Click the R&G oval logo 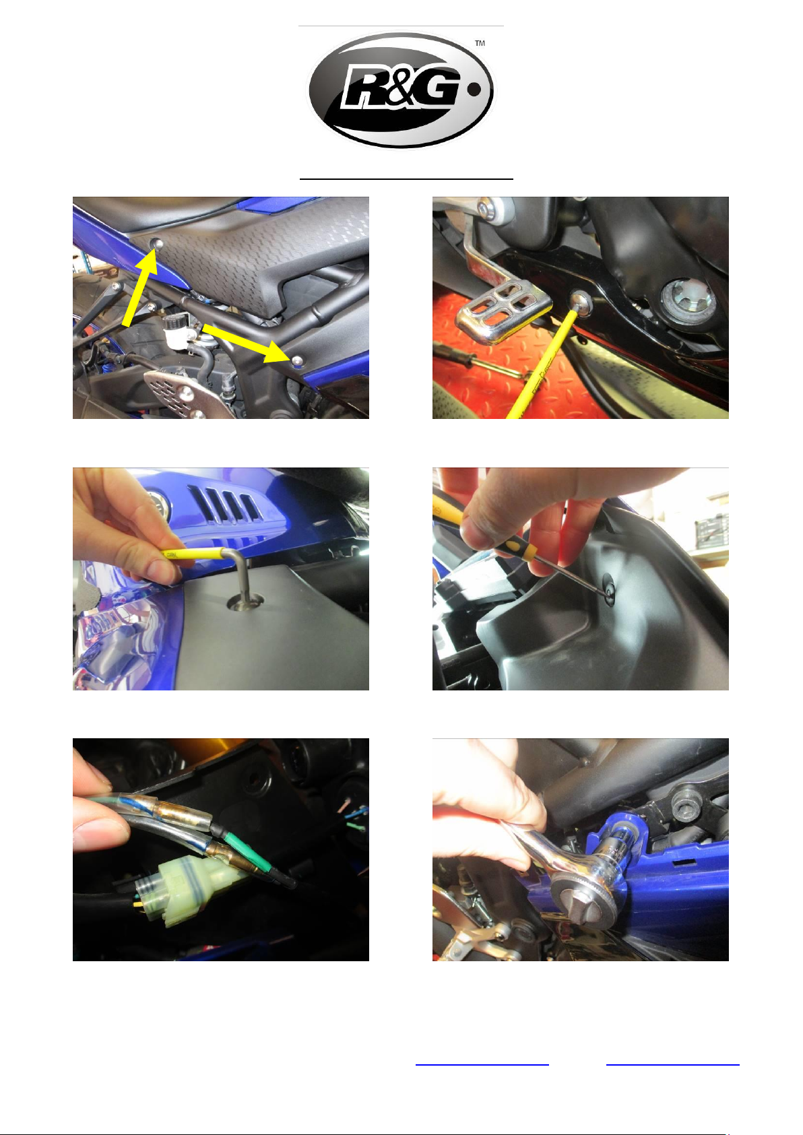click(x=401, y=90)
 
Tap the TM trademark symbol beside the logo click(x=480, y=43)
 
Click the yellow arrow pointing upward click(x=139, y=289)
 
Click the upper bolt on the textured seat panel click(x=158, y=245)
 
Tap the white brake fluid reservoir click(x=174, y=330)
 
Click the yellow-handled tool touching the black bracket click(x=542, y=365)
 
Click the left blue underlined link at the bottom click(x=482, y=1065)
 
